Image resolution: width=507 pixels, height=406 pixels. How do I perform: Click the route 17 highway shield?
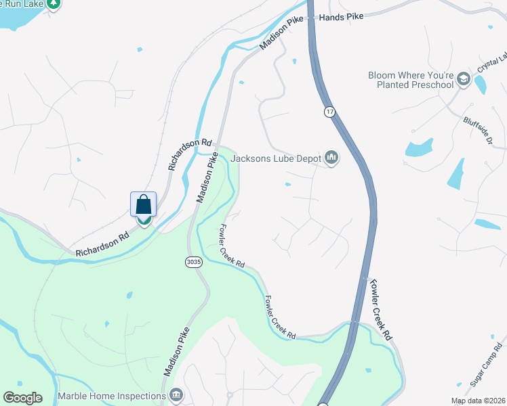(329, 112)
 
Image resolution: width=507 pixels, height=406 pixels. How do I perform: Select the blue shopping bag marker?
(144, 204)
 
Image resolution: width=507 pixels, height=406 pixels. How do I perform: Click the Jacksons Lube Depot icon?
(331, 158)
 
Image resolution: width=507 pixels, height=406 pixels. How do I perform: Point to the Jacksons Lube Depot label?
(277, 158)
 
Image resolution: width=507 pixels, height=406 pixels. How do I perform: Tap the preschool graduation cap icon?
(464, 79)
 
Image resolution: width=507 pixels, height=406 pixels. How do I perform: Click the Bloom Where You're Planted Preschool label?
(410, 80)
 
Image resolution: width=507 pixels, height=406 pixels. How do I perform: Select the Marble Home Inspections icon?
(176, 394)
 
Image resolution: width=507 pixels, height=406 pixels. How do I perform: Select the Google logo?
(22, 398)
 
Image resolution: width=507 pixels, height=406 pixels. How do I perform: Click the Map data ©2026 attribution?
(479, 401)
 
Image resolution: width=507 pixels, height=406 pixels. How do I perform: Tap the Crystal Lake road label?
(492, 62)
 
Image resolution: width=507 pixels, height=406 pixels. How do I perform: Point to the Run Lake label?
(24, 3)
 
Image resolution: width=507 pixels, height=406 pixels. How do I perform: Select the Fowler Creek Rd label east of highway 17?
(378, 309)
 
